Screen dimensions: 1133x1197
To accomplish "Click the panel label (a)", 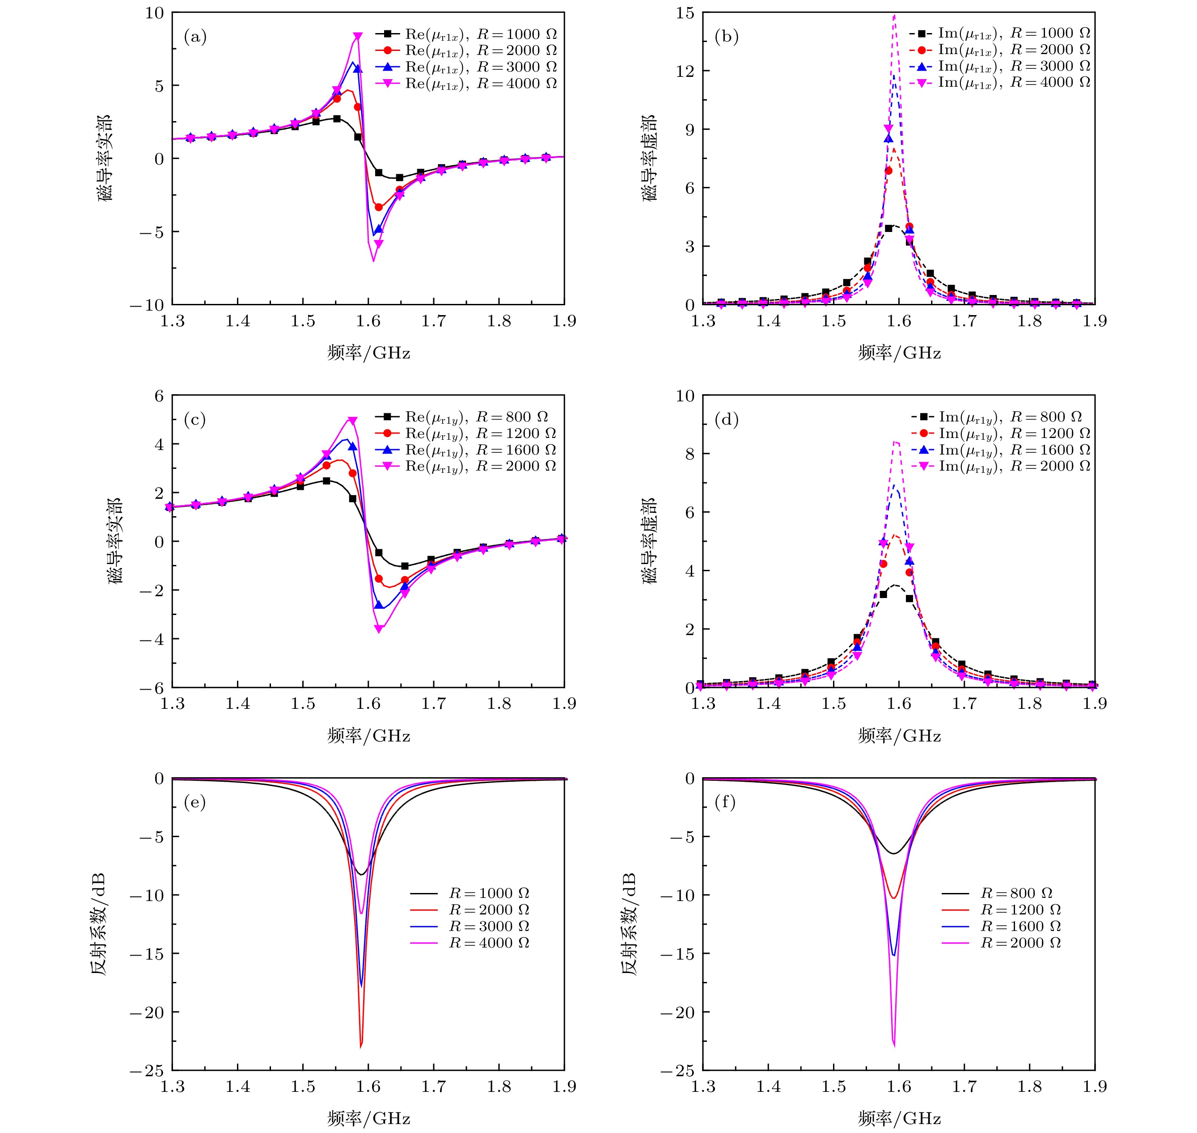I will coord(195,38).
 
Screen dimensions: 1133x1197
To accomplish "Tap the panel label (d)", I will coord(726,420).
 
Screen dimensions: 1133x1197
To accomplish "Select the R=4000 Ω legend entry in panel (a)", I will coord(465,83).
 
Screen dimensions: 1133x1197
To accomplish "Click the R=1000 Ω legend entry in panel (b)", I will coord(999,33).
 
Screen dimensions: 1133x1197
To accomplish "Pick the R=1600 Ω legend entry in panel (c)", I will coord(465,450).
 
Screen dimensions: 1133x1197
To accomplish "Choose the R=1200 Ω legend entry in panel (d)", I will coord(1000,434).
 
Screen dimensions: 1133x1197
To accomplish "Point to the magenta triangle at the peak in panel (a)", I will coord(358,37).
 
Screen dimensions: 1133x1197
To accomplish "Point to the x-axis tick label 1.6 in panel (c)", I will coord(368,703).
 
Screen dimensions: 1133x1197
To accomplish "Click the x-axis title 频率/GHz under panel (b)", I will coord(899,353).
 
